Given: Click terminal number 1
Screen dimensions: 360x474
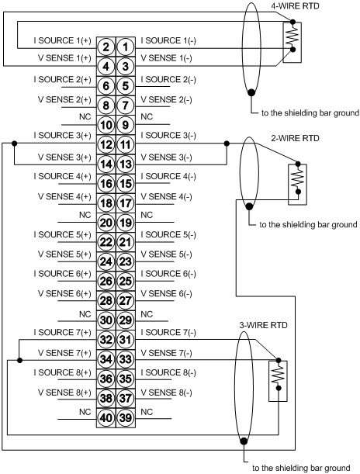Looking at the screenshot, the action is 126,47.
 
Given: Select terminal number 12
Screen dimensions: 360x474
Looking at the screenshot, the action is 106,144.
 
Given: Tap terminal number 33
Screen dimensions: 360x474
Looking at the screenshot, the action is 126,359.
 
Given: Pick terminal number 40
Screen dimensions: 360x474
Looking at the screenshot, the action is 106,418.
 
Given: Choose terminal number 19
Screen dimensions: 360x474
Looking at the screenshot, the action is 126,223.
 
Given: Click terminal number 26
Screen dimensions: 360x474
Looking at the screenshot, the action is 106,281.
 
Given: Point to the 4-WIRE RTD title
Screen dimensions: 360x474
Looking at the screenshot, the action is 295,5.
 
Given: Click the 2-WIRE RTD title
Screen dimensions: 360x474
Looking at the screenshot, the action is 295,138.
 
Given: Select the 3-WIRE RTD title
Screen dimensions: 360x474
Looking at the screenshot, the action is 263,325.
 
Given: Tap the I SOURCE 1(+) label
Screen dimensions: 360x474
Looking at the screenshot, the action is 62,40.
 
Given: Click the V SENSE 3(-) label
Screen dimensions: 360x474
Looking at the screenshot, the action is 166,157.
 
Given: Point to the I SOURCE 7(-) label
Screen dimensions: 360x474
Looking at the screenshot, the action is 168,333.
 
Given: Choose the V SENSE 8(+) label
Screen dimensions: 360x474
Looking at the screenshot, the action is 64,393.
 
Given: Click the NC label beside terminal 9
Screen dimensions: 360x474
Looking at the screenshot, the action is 147,116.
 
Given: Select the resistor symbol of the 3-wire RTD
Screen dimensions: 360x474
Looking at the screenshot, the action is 279,374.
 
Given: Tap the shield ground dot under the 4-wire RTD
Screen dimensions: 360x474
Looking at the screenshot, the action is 251,92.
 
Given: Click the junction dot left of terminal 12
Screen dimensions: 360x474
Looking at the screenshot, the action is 14,143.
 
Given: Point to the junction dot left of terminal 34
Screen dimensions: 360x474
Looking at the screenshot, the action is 19,360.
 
